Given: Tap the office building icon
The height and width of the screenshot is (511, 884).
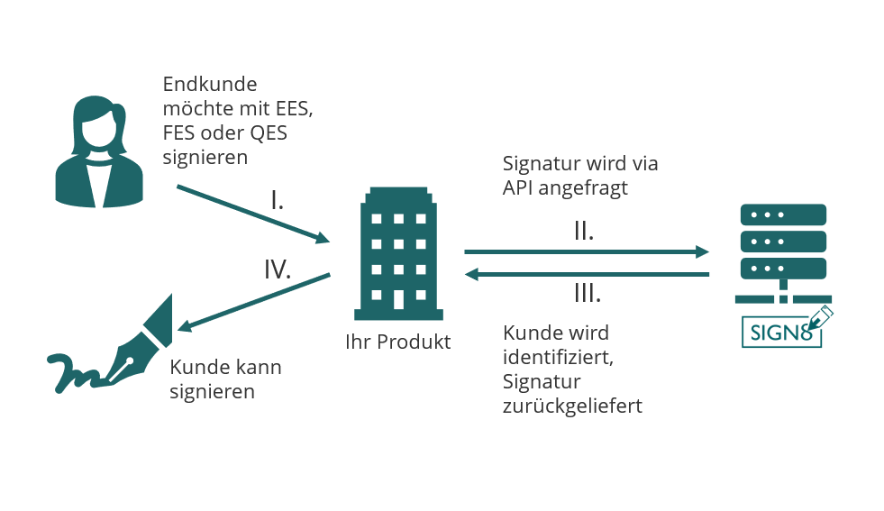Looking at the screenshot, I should (x=398, y=254).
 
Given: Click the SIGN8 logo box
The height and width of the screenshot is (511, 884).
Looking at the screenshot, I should (x=781, y=332).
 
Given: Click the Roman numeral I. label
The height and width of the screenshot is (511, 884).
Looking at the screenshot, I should (x=278, y=201).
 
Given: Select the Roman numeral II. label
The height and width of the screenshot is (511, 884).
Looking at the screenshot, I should (x=584, y=232).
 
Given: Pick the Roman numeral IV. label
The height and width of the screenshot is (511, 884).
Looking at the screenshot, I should (x=278, y=269).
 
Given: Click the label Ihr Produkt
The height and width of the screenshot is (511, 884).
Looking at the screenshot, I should (x=397, y=342).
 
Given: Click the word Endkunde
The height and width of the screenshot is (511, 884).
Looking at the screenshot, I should (x=210, y=85).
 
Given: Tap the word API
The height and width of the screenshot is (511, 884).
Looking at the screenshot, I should (x=520, y=188).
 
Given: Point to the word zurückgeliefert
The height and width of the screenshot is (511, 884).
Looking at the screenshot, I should (x=572, y=406).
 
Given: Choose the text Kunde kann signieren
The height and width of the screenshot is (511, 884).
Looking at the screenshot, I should (x=225, y=379).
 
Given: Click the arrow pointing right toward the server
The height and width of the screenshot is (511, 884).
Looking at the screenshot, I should (x=586, y=252).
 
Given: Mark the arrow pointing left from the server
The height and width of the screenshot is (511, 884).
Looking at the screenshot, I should (x=586, y=274).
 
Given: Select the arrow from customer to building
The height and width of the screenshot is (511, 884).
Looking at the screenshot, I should (x=253, y=214).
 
